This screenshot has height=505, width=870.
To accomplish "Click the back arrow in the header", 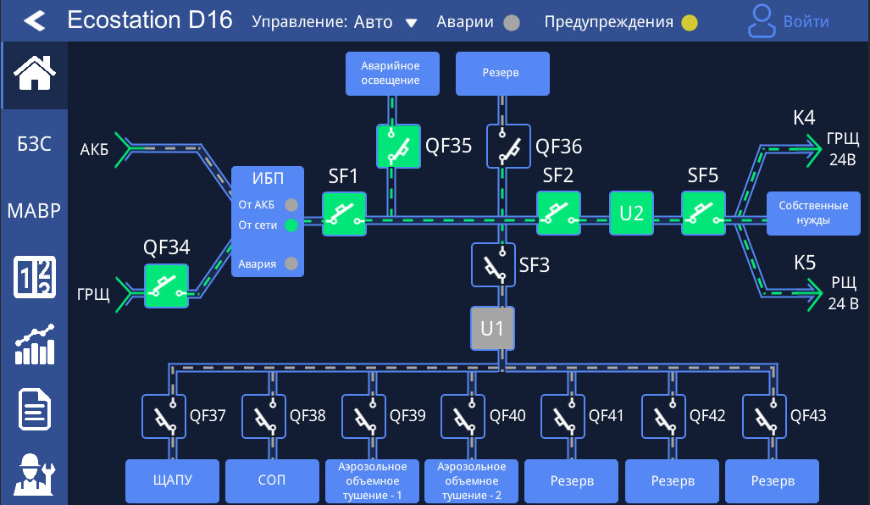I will click(34, 21).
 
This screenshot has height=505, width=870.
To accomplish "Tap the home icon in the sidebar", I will click(35, 73).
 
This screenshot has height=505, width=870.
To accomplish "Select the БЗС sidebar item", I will click(35, 144).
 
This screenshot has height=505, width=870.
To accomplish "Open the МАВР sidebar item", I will click(35, 210).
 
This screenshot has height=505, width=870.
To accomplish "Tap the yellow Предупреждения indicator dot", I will click(690, 23).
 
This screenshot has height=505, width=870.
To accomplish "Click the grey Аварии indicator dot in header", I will click(511, 23).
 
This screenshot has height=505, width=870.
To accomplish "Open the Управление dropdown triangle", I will click(412, 23).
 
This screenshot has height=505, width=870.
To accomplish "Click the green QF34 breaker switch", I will click(166, 286).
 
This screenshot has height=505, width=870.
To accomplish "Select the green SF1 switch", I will click(344, 214).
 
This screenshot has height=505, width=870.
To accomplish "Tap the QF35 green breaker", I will click(398, 147).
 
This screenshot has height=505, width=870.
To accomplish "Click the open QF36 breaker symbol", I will click(508, 147).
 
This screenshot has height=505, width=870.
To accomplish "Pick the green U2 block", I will click(631, 214).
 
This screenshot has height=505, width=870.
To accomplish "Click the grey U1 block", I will click(493, 328).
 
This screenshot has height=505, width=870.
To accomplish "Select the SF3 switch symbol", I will click(493, 264).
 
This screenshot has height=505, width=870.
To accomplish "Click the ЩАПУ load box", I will click(173, 481).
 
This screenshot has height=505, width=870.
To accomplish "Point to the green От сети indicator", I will click(291, 225).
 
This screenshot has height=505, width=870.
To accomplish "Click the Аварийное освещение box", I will click(391, 74).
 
